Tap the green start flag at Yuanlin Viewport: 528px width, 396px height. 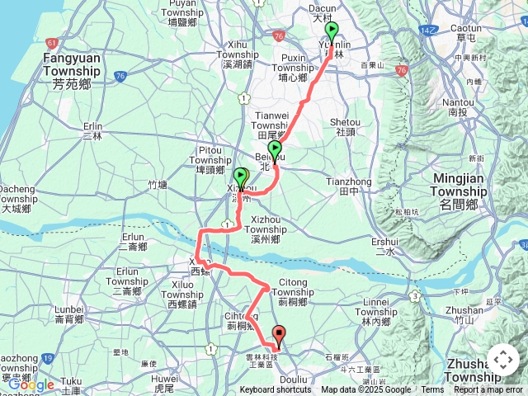[332, 31]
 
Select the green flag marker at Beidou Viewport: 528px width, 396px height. [276, 149]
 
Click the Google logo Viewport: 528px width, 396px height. [31, 384]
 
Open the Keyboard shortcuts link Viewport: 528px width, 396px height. [276, 390]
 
